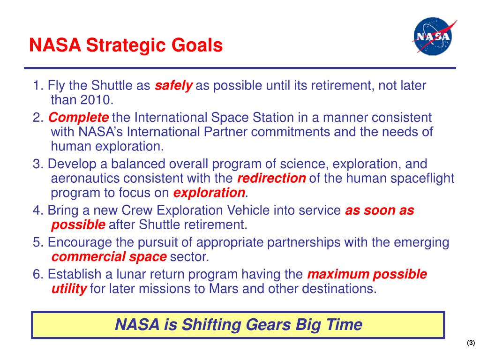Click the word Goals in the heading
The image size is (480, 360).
[197, 45]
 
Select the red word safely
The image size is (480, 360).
[173, 86]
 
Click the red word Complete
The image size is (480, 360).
[78, 118]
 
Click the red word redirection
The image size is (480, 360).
[271, 179]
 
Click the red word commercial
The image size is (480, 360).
[89, 257]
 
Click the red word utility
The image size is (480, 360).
[69, 289]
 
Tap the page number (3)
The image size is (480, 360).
[471, 343]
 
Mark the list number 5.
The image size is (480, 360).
[38, 242]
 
